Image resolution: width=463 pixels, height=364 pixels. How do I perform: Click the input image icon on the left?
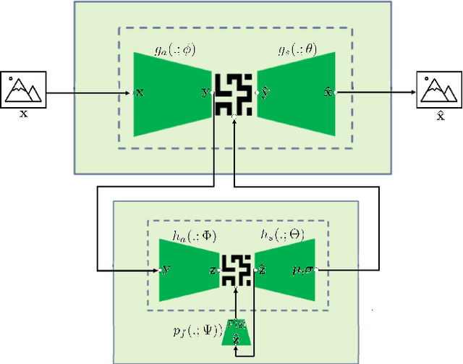click(x=23, y=88)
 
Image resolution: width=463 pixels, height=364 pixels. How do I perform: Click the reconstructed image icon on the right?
click(x=439, y=89)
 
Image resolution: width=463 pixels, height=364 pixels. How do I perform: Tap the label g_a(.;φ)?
click(x=175, y=50)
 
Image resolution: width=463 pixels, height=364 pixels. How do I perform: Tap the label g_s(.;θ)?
click(x=297, y=50)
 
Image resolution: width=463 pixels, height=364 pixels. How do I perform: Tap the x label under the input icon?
click(x=23, y=113)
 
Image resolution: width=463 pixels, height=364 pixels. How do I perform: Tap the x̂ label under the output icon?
click(x=438, y=114)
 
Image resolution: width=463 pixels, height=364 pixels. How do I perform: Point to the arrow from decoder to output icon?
click(x=376, y=93)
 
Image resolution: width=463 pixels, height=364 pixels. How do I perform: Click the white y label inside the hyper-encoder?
click(x=167, y=270)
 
